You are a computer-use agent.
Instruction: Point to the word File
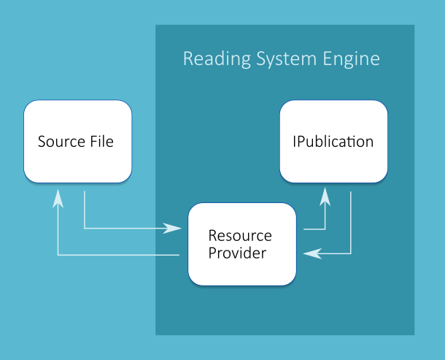click(x=101, y=142)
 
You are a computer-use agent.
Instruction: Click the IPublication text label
click(x=333, y=142)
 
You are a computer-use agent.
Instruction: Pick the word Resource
click(x=240, y=236)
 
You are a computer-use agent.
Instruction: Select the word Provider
click(x=237, y=253)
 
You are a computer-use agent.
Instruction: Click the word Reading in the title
click(x=212, y=58)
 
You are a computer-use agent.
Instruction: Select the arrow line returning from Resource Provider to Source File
click(x=117, y=255)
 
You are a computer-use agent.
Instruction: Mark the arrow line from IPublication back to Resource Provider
click(x=351, y=226)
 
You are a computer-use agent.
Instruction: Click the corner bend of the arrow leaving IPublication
click(x=351, y=253)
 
